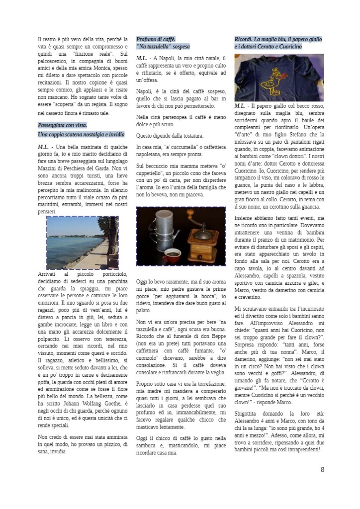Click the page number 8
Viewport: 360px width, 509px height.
[x=322, y=469]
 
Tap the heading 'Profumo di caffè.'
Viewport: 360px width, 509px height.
[x=156, y=39]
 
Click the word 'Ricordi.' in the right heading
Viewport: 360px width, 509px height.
[x=245, y=39]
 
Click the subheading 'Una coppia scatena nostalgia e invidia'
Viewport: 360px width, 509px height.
[x=81, y=135]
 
